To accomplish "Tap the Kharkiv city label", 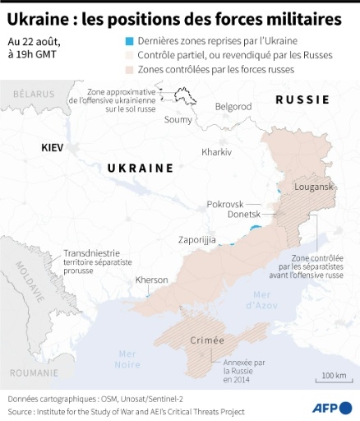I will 216,153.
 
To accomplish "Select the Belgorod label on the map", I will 233,106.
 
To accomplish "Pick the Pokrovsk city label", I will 224,203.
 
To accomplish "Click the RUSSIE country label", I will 302,99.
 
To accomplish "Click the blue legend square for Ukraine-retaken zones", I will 118,41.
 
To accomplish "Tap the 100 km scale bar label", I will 333,376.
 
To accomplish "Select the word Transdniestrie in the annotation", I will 91,252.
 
